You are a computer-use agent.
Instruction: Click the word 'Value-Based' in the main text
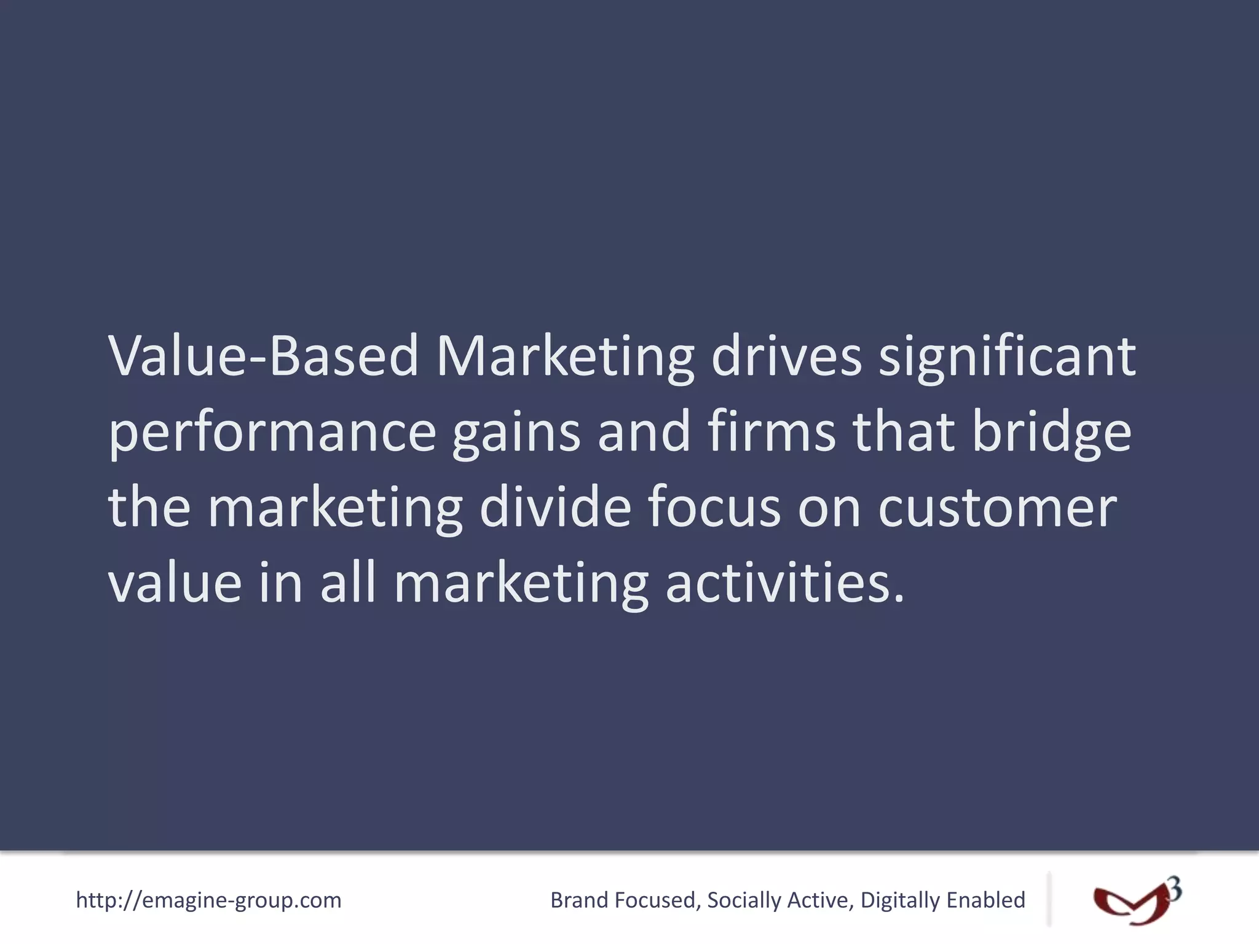pos(264,356)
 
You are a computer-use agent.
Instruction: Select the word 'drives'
pos(786,356)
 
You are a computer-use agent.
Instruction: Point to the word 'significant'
pos(1007,356)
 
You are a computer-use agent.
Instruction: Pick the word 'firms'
pos(772,432)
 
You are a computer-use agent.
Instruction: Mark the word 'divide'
pos(555,508)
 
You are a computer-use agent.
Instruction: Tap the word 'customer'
pos(997,508)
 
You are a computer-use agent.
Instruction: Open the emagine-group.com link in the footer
pos(208,900)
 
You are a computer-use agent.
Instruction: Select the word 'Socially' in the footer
pos(744,900)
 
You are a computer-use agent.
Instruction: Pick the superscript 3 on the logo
pos(1174,889)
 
